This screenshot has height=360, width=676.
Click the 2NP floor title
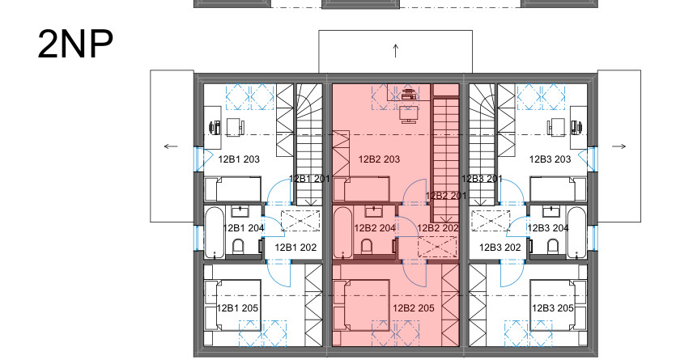pyautogui.click(x=75, y=44)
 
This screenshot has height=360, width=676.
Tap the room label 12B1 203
pyautogui.click(x=239, y=159)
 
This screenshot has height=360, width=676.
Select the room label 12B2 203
pyautogui.click(x=379, y=159)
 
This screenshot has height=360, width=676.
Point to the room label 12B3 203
pyautogui.click(x=551, y=159)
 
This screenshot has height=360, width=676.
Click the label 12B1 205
pyautogui.click(x=237, y=308)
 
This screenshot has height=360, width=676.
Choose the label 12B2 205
pyautogui.click(x=414, y=308)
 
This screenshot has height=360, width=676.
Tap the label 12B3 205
pyautogui.click(x=553, y=308)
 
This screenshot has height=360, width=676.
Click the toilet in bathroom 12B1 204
pyautogui.click(x=238, y=247)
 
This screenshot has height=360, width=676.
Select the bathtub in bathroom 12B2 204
pyautogui.click(x=343, y=232)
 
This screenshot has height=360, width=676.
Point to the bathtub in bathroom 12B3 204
pyautogui.click(x=577, y=232)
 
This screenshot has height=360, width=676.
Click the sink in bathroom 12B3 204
pyautogui.click(x=551, y=211)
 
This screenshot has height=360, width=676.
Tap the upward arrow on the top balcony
pyautogui.click(x=396, y=51)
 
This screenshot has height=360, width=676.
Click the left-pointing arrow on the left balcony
pyautogui.click(x=171, y=146)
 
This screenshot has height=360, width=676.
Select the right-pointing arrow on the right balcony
pyautogui.click(x=619, y=146)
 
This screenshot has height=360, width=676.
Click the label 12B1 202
pyautogui.click(x=295, y=248)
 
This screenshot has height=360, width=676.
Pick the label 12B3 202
pyautogui.click(x=500, y=248)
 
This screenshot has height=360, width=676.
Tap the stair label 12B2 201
pyautogui.click(x=446, y=196)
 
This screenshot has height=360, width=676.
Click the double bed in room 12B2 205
pyautogui.click(x=361, y=305)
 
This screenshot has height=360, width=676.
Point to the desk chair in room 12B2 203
pyautogui.click(x=409, y=115)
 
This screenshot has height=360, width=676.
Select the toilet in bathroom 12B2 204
pyautogui.click(x=367, y=247)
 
